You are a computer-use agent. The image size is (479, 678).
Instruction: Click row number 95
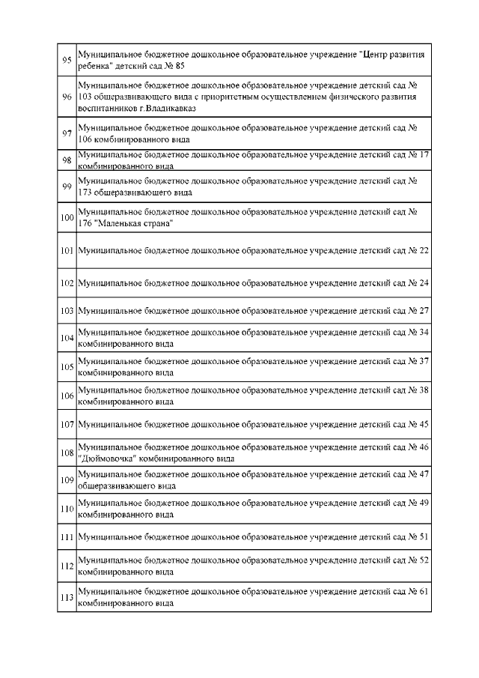tap(66, 60)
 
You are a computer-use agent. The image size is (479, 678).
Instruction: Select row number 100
tap(66, 217)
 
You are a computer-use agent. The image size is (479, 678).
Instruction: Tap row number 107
tap(66, 425)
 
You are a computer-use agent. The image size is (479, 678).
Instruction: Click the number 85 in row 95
tap(180, 66)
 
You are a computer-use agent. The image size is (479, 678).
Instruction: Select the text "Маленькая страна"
tap(134, 223)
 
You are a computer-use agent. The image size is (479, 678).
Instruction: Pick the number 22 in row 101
tap(424, 249)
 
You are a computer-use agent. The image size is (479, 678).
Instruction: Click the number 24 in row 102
tap(424, 284)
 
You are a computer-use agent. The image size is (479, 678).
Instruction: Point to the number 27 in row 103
tap(424, 310)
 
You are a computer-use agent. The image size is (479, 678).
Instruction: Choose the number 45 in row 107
tap(424, 425)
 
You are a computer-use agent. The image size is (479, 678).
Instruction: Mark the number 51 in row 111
tap(424, 537)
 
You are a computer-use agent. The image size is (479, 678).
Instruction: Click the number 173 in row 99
tap(85, 193)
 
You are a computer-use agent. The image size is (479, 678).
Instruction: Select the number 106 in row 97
tap(85, 139)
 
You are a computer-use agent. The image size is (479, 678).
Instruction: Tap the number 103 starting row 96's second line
tap(85, 97)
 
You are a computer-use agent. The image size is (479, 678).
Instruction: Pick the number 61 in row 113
tap(424, 592)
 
